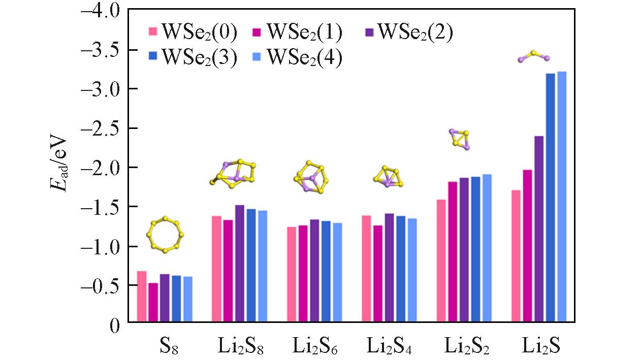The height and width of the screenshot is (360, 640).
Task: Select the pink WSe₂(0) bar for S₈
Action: tap(142, 298)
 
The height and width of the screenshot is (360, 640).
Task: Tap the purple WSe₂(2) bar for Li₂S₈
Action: tap(240, 264)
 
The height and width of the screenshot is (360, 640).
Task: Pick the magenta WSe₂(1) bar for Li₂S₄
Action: tap(378, 274)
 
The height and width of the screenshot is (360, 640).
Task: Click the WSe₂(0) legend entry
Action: tap(193, 32)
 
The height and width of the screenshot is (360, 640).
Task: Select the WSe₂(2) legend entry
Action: tap(409, 32)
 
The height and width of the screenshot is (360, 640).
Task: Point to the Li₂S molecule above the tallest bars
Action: tap(533, 56)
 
